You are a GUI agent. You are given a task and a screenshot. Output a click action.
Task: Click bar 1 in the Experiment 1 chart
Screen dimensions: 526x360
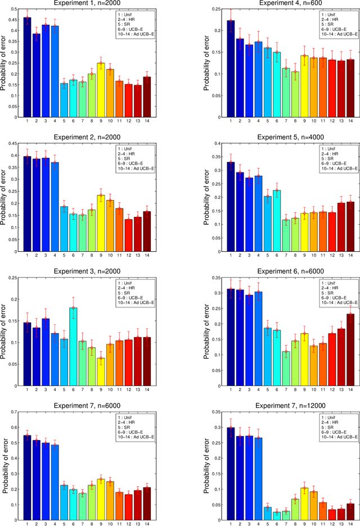(27, 67)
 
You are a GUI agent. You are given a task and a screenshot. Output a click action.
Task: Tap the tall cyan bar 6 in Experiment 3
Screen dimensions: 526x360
(73, 348)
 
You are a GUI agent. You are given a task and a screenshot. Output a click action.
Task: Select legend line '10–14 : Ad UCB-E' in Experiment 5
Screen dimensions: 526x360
(321, 168)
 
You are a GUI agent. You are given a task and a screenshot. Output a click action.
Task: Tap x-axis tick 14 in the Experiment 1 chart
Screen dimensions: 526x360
(147, 121)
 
